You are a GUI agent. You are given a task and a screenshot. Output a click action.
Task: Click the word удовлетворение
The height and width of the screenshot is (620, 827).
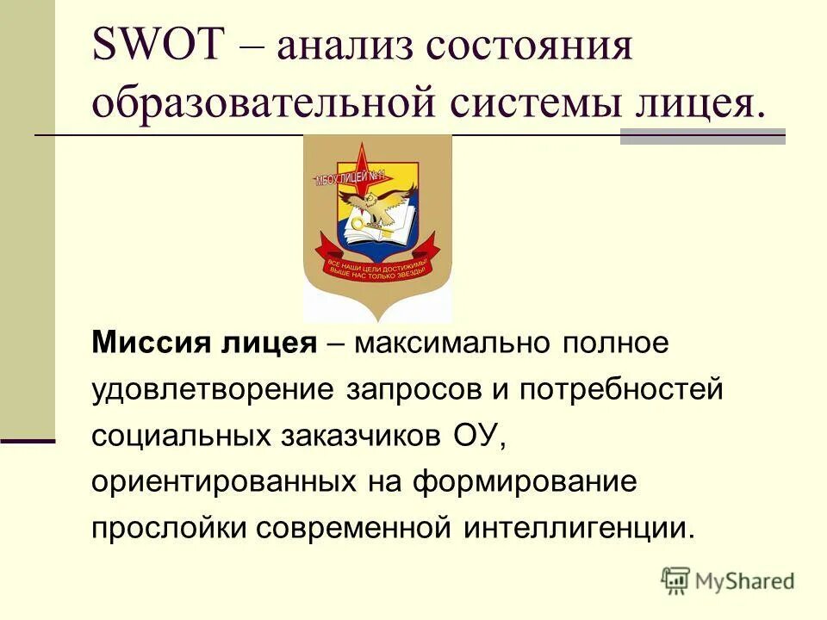point(214,389)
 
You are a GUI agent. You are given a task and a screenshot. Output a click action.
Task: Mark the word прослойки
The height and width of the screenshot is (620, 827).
point(169,526)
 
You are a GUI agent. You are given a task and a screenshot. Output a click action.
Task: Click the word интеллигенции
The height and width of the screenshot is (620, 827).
point(579,526)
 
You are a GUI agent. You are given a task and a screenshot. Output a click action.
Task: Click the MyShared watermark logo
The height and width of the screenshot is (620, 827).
point(728,580)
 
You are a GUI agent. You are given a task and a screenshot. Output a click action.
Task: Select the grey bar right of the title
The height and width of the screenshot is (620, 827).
point(702,136)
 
